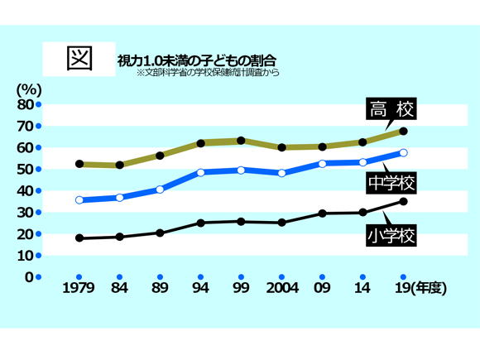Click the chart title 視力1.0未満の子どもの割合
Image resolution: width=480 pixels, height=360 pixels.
pos(196,60)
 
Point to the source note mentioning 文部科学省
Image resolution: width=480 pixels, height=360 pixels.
pos(208,73)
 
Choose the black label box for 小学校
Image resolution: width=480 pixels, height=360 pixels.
pos(390,237)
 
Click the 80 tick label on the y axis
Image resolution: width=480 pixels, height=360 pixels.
pos(24,104)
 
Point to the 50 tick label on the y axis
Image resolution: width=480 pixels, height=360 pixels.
pos(24,169)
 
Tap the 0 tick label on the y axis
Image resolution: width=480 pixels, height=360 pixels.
pos(28,276)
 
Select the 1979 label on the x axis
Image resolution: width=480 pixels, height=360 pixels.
pos(79,289)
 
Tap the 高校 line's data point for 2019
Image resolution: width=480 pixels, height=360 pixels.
pos(403,131)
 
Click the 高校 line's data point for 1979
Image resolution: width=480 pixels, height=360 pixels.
pos(79,164)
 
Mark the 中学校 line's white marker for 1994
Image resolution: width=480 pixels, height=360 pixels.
pos(200,172)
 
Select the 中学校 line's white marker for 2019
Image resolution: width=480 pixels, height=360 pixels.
pos(403,152)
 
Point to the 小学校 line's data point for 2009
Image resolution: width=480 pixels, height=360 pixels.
pos(322,214)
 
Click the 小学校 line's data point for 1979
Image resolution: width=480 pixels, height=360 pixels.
pos(79,238)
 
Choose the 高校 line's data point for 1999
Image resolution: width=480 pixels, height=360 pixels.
pos(241,141)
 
